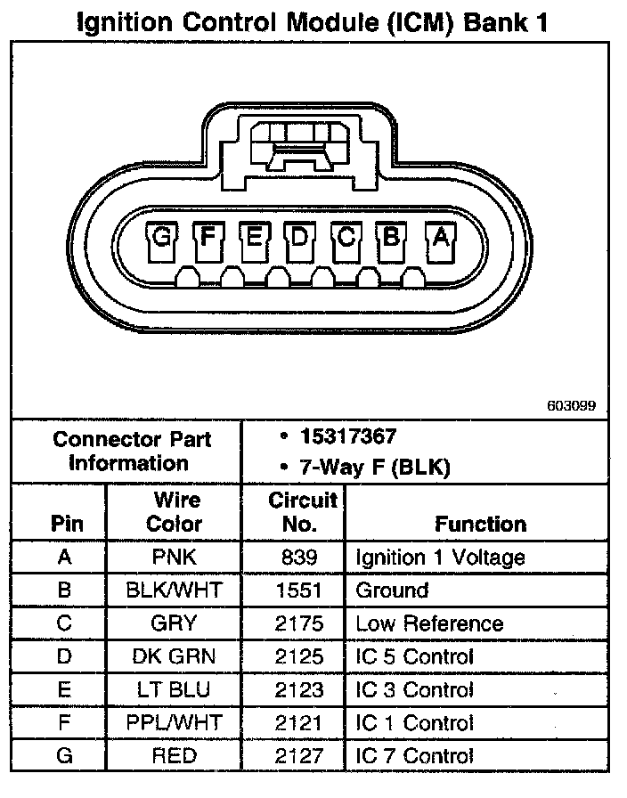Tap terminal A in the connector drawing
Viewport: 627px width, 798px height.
(x=439, y=237)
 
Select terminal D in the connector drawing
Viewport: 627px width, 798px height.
(x=299, y=237)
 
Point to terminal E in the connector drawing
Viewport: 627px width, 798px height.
(x=254, y=237)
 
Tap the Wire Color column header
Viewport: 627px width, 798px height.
(x=174, y=511)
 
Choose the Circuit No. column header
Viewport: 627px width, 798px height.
(x=303, y=511)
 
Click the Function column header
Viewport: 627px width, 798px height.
(x=480, y=524)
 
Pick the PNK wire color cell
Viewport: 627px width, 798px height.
(x=174, y=558)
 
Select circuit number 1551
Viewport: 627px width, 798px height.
(x=299, y=590)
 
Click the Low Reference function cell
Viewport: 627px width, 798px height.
(x=429, y=623)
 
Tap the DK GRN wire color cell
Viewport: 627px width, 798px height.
(x=174, y=657)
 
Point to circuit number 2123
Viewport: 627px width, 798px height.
(x=299, y=690)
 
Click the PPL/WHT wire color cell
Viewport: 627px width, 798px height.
(x=174, y=723)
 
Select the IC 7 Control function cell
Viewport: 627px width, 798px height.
(x=414, y=756)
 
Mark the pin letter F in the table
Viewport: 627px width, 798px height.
(x=63, y=723)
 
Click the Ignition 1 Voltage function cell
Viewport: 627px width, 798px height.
(x=440, y=558)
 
